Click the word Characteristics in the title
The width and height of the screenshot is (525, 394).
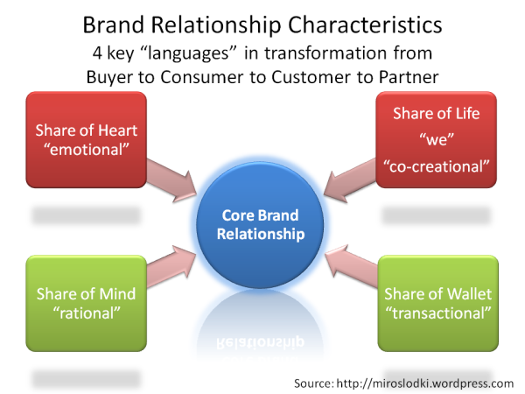point(365,25)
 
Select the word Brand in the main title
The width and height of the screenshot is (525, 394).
point(114,25)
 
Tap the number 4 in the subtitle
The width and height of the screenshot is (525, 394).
point(97,53)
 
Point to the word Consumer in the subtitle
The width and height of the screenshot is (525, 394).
point(202,77)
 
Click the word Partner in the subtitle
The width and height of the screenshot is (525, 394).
point(409,77)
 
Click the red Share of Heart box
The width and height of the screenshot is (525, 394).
point(87,139)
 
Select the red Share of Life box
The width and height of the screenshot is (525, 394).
point(436,139)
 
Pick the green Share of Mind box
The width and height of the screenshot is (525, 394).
point(87,303)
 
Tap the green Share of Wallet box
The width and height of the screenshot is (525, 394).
point(438,303)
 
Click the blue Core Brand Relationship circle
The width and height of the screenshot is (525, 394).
point(260,225)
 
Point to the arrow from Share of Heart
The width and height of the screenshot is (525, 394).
point(171,181)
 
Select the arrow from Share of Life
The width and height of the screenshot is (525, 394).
point(350,181)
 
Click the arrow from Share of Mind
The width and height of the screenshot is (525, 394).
point(171,266)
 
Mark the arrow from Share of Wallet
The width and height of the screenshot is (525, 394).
point(351,266)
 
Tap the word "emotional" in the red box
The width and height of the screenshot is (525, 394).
point(87,150)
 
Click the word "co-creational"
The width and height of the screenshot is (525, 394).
point(436,166)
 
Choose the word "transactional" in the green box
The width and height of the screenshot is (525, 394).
point(438,313)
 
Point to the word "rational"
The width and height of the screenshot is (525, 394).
point(87,313)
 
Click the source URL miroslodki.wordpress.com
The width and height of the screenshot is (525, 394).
point(425,383)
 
